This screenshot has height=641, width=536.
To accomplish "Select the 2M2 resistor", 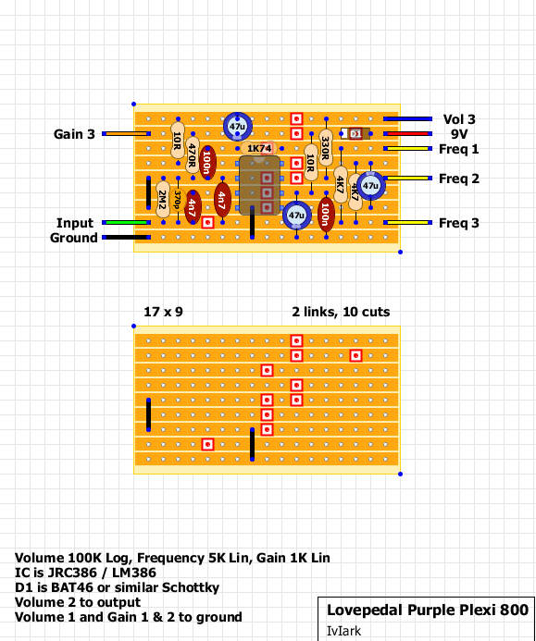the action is pyautogui.click(x=162, y=200).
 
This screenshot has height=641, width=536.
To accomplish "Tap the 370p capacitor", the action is pyautogui.click(x=178, y=200).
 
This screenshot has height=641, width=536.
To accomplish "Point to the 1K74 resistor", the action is pyautogui.click(x=259, y=148).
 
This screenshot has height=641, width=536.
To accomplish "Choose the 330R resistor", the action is pyautogui.click(x=325, y=148).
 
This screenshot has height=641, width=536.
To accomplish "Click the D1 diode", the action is pyautogui.click(x=355, y=133).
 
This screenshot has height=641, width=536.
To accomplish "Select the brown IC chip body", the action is pyautogui.click(x=259, y=185).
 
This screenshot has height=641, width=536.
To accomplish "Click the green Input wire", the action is pyautogui.click(x=126, y=222).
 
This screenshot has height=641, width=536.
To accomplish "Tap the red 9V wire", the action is pyautogui.click(x=407, y=134).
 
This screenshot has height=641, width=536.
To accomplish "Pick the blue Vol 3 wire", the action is pyautogui.click(x=407, y=119).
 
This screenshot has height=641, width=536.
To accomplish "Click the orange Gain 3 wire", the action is pyautogui.click(x=126, y=134).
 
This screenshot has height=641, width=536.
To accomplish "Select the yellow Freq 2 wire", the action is pyautogui.click(x=407, y=179).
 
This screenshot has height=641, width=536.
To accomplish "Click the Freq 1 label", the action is pyautogui.click(x=458, y=149).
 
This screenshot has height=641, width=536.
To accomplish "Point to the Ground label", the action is pyautogui.click(x=74, y=238).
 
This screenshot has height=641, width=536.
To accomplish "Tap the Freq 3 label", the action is pyautogui.click(x=458, y=223).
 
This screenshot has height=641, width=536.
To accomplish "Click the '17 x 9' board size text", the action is pyautogui.click(x=163, y=312).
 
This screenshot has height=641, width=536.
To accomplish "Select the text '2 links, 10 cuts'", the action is pyautogui.click(x=341, y=312).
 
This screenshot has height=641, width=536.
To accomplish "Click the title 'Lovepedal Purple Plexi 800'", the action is pyautogui.click(x=428, y=610).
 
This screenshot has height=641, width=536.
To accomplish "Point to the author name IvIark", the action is pyautogui.click(x=343, y=631).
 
